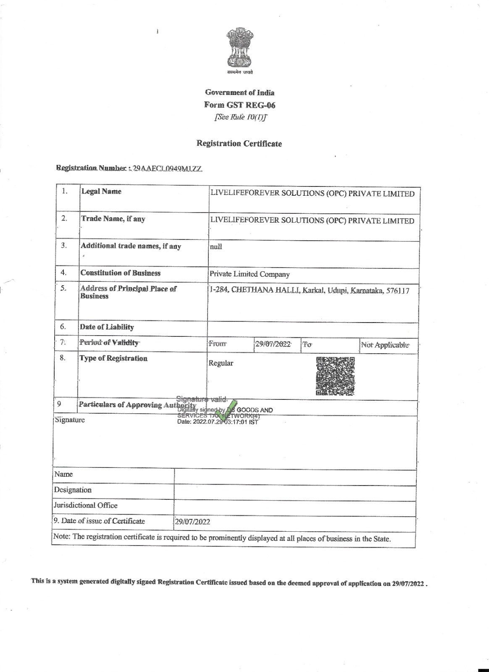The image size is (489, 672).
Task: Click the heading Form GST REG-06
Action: (239, 105)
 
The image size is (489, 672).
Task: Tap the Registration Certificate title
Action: (239, 144)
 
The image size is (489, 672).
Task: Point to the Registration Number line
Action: (129, 168)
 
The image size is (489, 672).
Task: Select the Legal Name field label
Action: (101, 192)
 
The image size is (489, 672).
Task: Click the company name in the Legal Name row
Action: (312, 194)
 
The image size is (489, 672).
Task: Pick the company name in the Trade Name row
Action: (312, 221)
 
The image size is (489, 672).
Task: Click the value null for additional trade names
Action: (216, 247)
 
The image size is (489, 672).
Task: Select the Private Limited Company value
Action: (250, 274)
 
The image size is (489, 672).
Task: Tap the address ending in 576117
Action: (309, 290)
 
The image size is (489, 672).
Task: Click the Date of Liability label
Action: (107, 327)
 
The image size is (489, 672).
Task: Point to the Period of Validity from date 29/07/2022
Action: (273, 344)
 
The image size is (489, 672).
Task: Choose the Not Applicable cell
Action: (385, 345)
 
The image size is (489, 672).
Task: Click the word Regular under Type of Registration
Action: (221, 363)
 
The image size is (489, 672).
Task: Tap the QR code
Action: (335, 376)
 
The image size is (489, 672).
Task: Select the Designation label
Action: (73, 490)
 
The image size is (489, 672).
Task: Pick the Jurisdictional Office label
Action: (85, 505)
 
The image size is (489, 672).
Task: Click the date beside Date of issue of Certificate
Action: (192, 522)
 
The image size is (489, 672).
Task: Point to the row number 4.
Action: (64, 273)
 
